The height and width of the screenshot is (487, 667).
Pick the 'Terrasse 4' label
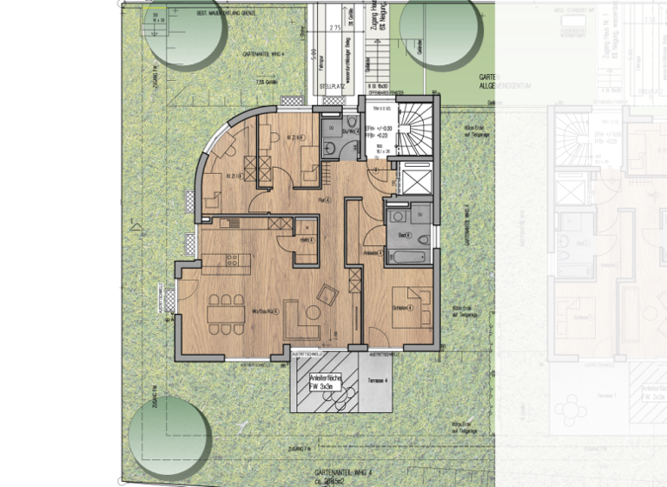click(x=376, y=381)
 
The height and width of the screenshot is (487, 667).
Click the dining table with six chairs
click(x=224, y=311)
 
